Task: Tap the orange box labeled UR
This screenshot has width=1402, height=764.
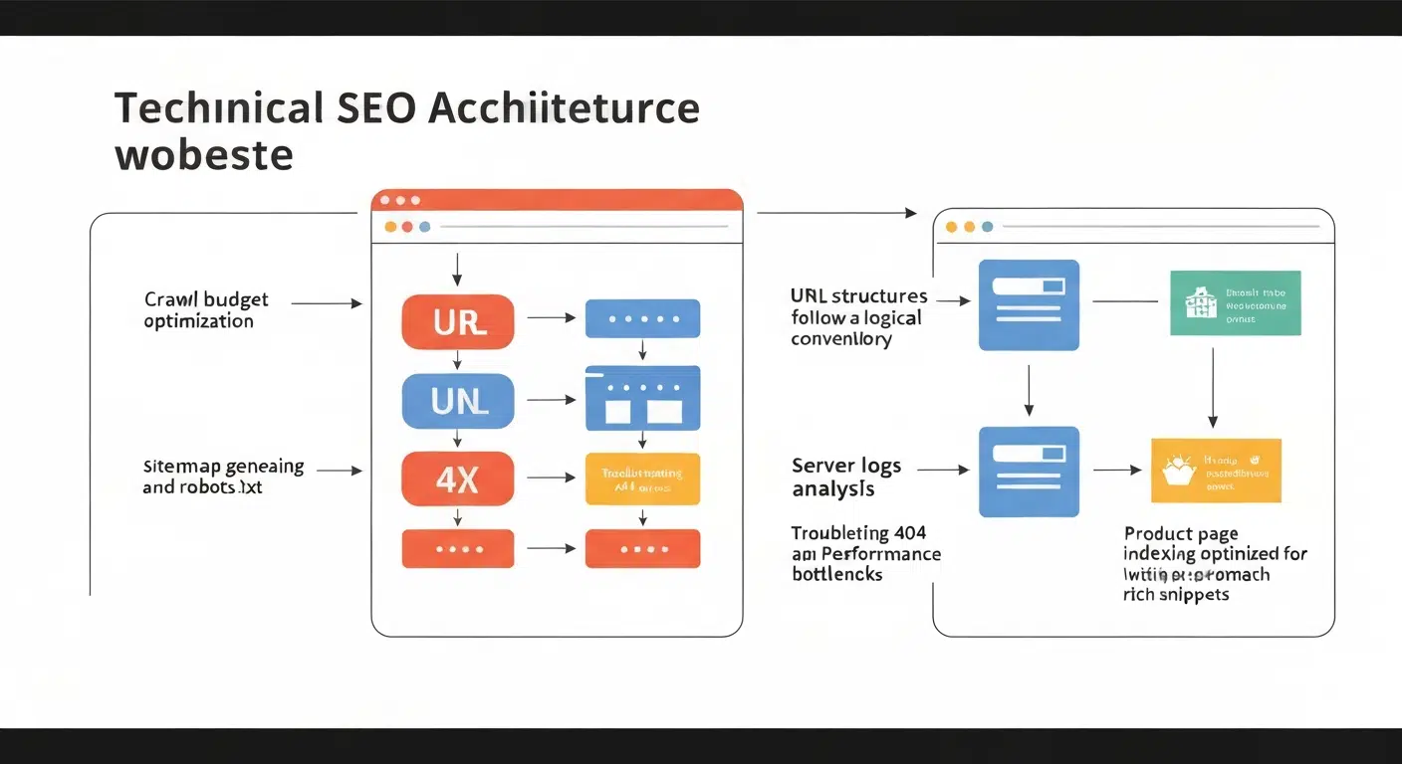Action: point(458,321)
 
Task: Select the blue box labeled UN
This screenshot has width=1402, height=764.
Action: point(458,400)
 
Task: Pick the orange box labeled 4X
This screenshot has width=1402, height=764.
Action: point(458,478)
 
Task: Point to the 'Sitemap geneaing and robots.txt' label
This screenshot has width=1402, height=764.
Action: point(223,477)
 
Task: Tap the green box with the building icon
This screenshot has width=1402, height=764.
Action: point(1235,302)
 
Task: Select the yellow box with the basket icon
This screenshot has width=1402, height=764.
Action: point(1215,470)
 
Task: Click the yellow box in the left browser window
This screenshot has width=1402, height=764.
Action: point(642,478)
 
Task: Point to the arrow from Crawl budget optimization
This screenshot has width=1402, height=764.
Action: point(327,302)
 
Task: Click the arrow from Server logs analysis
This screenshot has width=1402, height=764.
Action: point(942,469)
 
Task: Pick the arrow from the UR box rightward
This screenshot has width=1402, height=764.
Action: point(551,318)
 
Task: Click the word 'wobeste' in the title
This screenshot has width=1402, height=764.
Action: point(204,156)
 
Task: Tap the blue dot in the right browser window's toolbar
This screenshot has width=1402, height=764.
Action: point(987,227)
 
